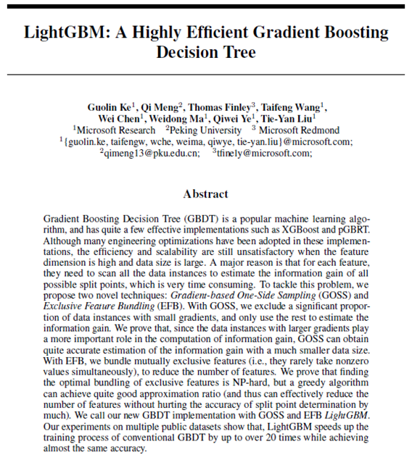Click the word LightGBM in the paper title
(x=62, y=33)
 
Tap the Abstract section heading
(x=205, y=193)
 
